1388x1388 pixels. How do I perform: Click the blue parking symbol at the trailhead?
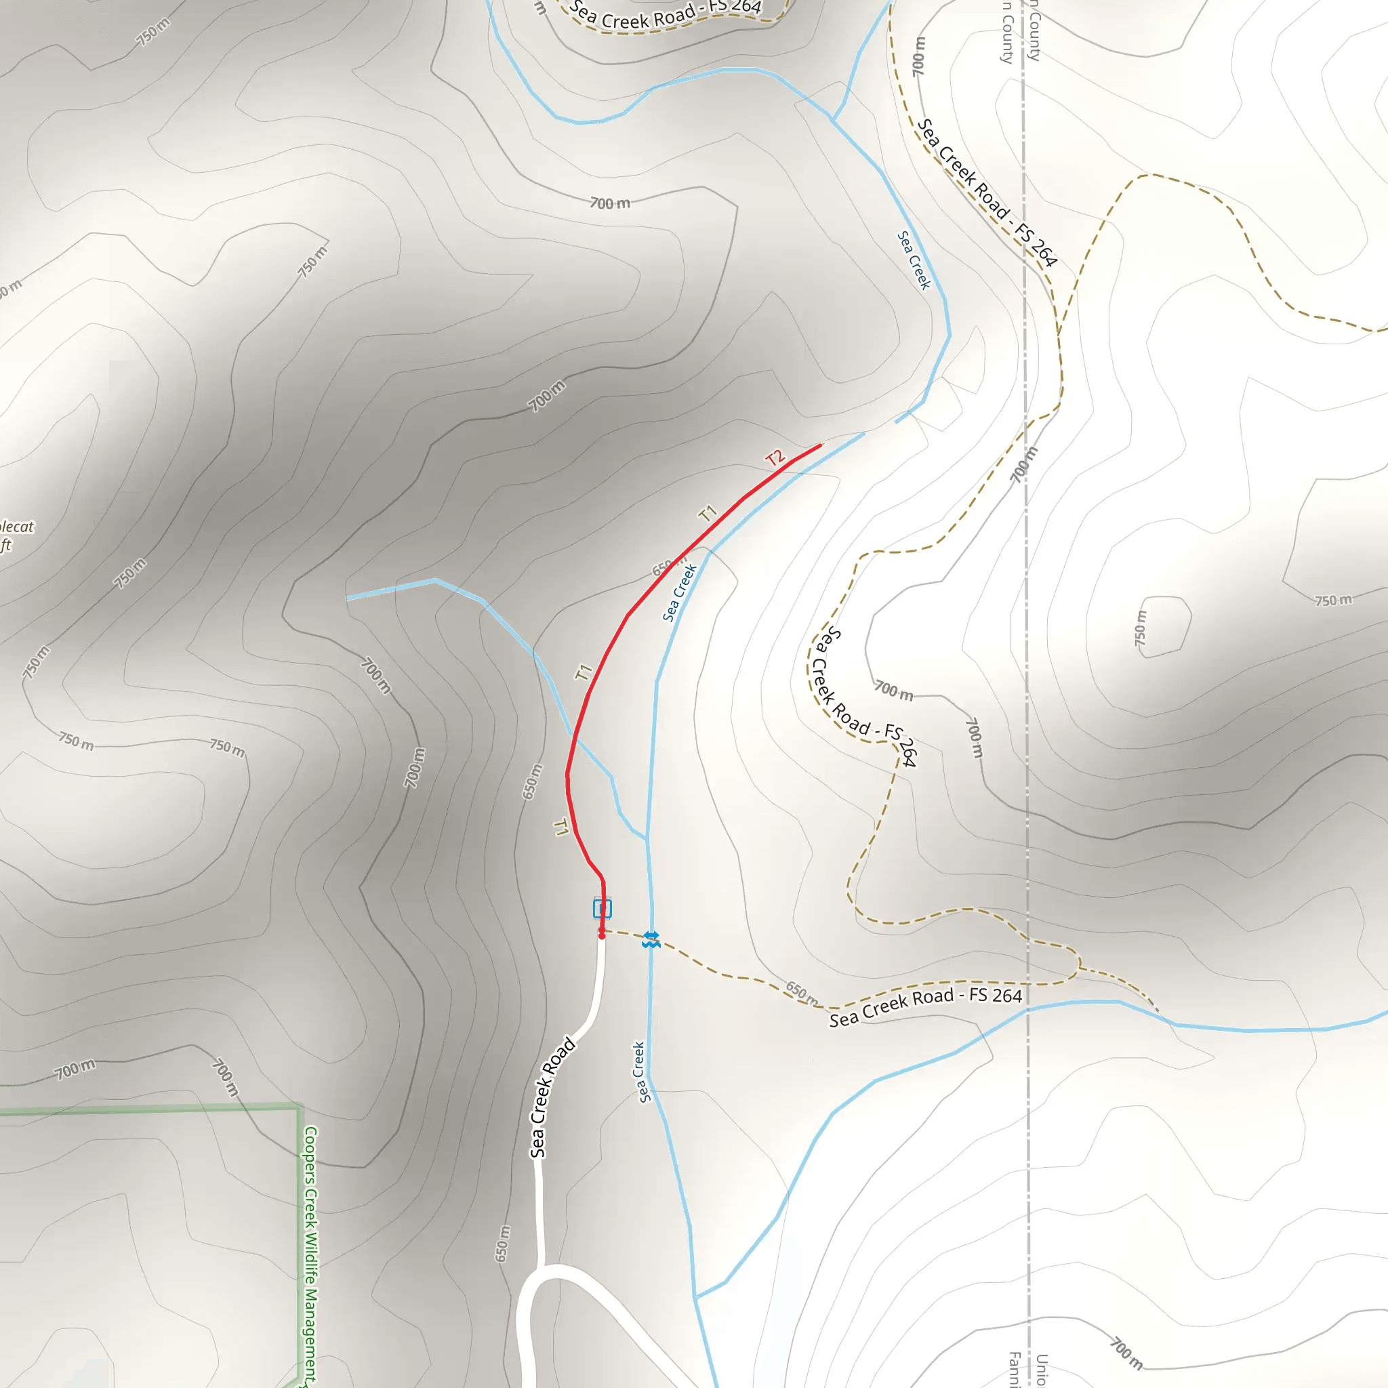pyautogui.click(x=602, y=909)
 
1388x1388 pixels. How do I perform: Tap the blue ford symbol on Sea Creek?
pyautogui.click(x=651, y=939)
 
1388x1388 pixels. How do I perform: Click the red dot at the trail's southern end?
pyautogui.click(x=602, y=935)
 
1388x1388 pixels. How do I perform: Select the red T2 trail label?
pyautogui.click(x=775, y=457)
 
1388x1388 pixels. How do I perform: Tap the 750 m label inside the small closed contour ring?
pyautogui.click(x=1141, y=627)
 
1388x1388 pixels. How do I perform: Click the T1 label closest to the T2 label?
pyautogui.click(x=708, y=513)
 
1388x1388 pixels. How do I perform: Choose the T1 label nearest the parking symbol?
pyautogui.click(x=561, y=828)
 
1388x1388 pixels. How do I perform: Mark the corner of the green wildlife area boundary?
pyautogui.click(x=299, y=1109)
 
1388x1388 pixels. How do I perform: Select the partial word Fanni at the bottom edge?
pyautogui.click(x=1015, y=1369)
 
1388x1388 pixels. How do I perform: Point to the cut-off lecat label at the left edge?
pyautogui.click(x=16, y=527)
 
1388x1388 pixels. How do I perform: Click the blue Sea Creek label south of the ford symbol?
pyautogui.click(x=642, y=1072)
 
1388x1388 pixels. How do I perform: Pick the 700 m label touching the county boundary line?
pyautogui.click(x=1025, y=464)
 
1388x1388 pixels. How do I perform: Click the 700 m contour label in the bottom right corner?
pyautogui.click(x=1126, y=1353)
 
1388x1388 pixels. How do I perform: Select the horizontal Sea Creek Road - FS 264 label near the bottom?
pyautogui.click(x=925, y=1006)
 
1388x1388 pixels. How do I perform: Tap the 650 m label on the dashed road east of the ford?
pyautogui.click(x=802, y=993)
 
